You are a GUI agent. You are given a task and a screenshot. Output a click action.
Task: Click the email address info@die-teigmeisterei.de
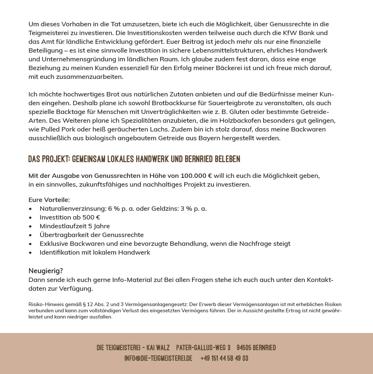158,358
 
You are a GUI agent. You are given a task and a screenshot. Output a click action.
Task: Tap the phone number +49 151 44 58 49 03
224,358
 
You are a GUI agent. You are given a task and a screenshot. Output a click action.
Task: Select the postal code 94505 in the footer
245,348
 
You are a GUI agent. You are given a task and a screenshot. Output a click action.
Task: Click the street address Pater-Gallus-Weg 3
203,348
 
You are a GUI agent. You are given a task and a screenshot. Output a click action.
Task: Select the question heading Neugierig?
46,271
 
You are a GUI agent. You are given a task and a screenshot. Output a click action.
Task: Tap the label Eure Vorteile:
49,200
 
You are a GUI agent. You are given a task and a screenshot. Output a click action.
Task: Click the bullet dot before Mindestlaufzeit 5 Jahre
30,226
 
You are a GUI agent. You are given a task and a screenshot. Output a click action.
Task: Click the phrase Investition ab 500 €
70,217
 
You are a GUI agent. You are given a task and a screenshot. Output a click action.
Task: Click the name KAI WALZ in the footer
158,348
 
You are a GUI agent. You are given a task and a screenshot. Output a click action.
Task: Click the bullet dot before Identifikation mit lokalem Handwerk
30,253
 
